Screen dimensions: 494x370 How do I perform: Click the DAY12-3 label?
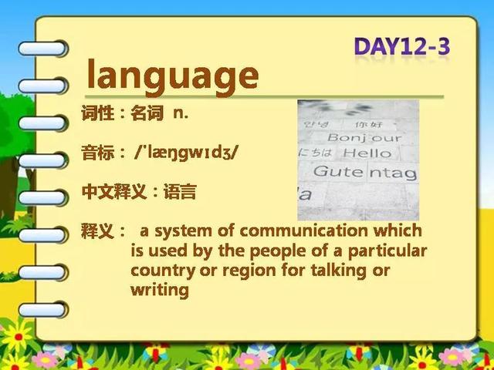(x=402, y=46)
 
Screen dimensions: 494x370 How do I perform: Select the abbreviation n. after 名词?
(x=181, y=113)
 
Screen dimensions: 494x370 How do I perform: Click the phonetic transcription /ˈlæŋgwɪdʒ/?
(x=186, y=153)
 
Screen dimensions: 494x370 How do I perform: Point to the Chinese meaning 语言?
(x=180, y=192)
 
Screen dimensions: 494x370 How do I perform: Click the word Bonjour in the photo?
(x=364, y=138)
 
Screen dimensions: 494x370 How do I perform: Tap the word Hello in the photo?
(x=367, y=153)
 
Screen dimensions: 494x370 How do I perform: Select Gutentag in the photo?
(x=365, y=173)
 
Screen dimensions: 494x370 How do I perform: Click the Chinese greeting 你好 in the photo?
(x=369, y=125)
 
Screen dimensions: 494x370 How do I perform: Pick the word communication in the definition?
(x=303, y=230)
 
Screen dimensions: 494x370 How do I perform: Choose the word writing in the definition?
(x=160, y=290)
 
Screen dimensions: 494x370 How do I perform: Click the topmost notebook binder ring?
(x=42, y=49)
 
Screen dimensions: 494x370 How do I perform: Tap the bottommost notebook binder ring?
(x=42, y=310)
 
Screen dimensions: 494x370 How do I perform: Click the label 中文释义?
(x=114, y=192)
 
